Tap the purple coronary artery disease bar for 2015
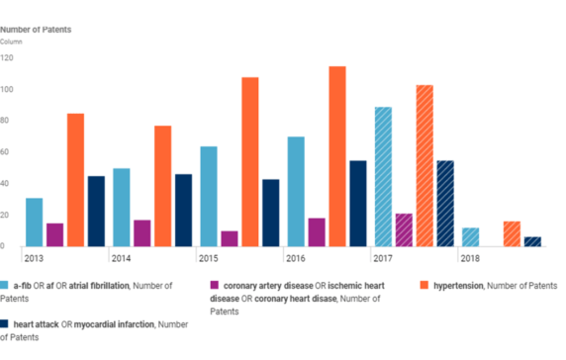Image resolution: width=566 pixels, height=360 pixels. pyautogui.click(x=230, y=238)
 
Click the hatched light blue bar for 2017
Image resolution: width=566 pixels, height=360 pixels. pyautogui.click(x=382, y=177)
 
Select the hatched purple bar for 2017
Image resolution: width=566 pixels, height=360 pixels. pyautogui.click(x=404, y=229)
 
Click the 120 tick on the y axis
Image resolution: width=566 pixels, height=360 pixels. pyautogui.click(x=7, y=58)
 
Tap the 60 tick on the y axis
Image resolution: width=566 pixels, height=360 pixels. pyautogui.click(x=6, y=152)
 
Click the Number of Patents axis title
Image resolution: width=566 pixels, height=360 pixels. pyautogui.click(x=36, y=30)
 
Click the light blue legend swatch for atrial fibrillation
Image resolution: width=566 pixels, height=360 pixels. pyautogui.click(x=5, y=285)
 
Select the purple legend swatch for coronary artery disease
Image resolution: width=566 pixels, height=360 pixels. pyautogui.click(x=215, y=285)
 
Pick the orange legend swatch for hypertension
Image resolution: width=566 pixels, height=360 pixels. pyautogui.click(x=426, y=285)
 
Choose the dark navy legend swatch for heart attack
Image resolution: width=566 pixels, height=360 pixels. pyautogui.click(x=5, y=323)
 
